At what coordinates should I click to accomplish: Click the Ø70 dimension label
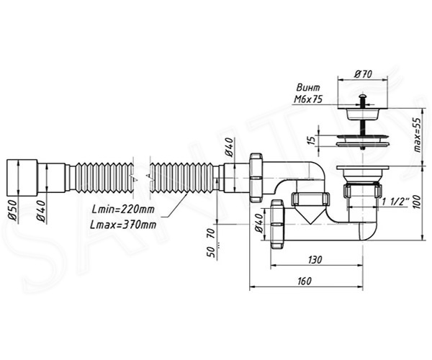pos(364,74)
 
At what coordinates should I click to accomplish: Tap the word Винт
pos(308,88)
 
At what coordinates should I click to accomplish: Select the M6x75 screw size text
pos(307,99)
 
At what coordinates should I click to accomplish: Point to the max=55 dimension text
pos(418,135)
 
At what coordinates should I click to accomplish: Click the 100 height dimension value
pos(418,202)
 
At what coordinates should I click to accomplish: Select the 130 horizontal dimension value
pos(315,259)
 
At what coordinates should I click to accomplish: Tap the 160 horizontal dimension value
pos(305,281)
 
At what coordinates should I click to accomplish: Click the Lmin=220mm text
pos(123,210)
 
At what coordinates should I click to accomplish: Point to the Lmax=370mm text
pos(123,225)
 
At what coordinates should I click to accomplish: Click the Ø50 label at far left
pos(13,210)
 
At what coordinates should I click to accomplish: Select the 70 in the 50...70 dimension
pos(211,234)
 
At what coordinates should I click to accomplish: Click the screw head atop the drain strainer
pos(363,96)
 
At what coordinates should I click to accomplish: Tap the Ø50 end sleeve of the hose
pos(22,178)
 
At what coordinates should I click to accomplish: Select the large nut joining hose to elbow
pos(256,178)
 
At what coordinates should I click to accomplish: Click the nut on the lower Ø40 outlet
pos(277,225)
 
